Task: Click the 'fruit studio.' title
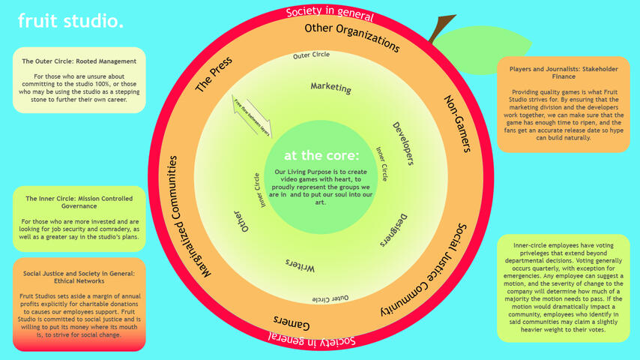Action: pyautogui.click(x=70, y=22)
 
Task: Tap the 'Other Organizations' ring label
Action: pyautogui.click(x=351, y=34)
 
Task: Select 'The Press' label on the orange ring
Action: pyautogui.click(x=214, y=74)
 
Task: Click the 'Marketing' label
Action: pyautogui.click(x=330, y=87)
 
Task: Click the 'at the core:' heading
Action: pyautogui.click(x=321, y=156)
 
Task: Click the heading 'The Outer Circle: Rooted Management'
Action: pyautogui.click(x=79, y=61)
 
